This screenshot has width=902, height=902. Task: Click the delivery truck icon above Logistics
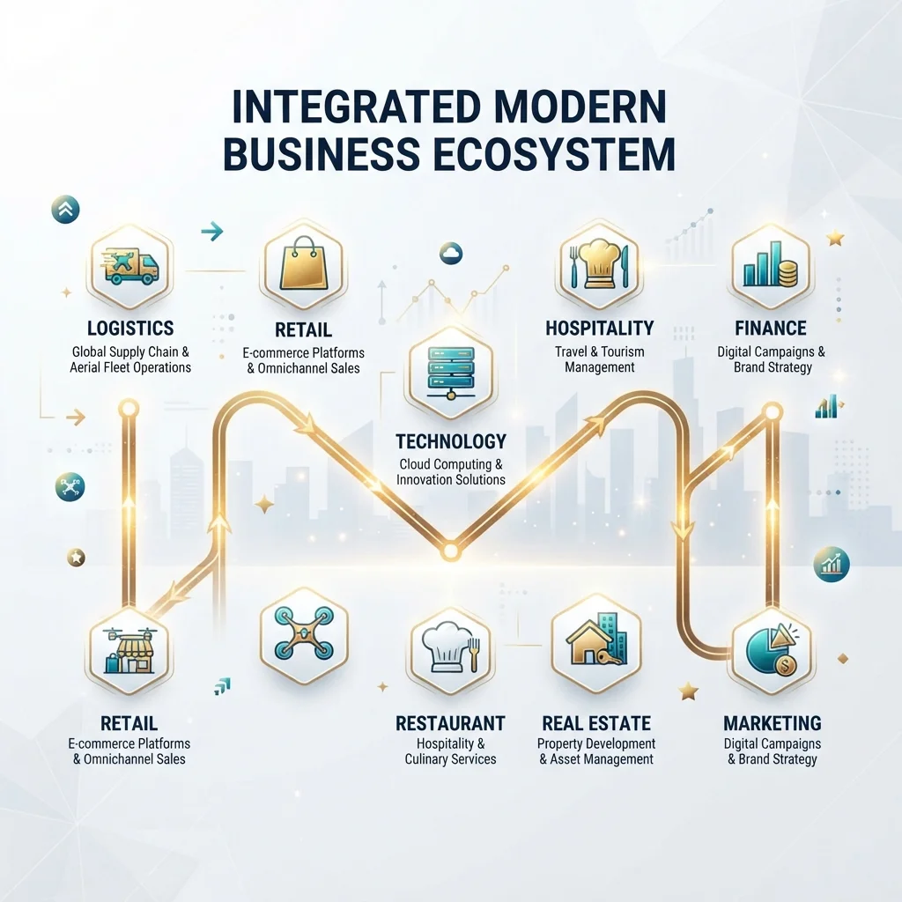pyautogui.click(x=130, y=266)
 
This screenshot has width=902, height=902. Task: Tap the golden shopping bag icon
pyautogui.click(x=303, y=263)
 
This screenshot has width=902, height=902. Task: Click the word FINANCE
pyautogui.click(x=770, y=328)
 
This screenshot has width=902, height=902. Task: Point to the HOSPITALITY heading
pyautogui.click(x=599, y=328)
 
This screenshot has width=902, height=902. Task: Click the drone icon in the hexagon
pyautogui.click(x=304, y=632)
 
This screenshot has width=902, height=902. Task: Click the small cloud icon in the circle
pyautogui.click(x=451, y=253)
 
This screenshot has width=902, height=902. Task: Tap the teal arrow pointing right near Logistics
pyautogui.click(x=212, y=232)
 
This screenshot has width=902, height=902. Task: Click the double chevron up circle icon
pyautogui.click(x=65, y=210)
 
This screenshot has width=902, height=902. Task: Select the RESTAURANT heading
pyautogui.click(x=450, y=723)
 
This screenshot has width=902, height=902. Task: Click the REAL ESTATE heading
pyautogui.click(x=596, y=723)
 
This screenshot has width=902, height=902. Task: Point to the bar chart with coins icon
pyautogui.click(x=770, y=265)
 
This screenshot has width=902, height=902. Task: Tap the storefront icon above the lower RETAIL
pyautogui.click(x=129, y=650)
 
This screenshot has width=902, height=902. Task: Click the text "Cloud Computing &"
pyautogui.click(x=451, y=464)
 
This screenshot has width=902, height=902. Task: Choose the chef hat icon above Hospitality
pyautogui.click(x=599, y=264)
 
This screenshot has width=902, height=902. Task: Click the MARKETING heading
pyautogui.click(x=772, y=723)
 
